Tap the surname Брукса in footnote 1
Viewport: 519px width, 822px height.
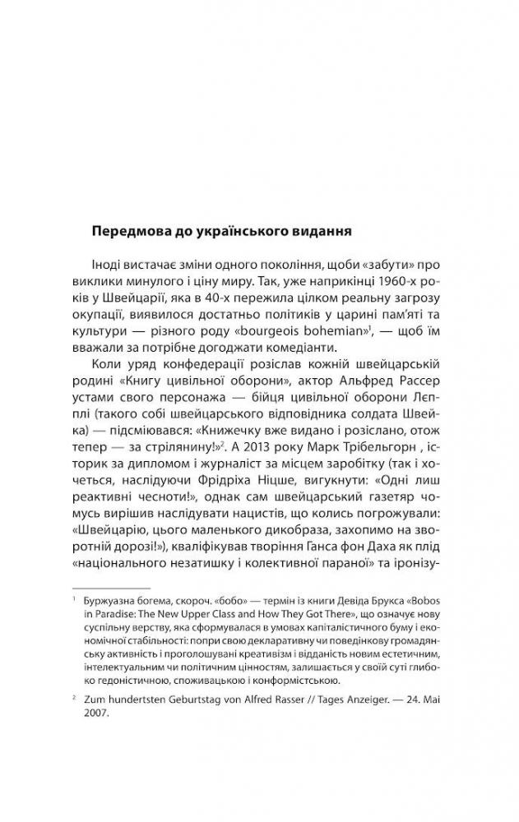pyautogui.click(x=373, y=602)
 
